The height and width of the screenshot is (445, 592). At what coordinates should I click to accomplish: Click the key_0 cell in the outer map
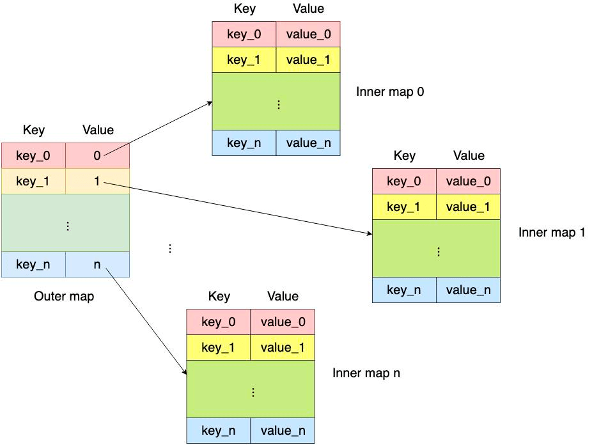[33, 155]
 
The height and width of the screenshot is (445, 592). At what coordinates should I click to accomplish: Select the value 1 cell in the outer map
[97, 182]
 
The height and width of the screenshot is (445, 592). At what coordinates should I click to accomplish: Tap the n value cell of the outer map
[97, 264]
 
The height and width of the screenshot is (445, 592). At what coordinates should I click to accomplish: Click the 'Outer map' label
[64, 297]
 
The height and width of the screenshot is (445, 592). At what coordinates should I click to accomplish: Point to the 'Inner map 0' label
[390, 91]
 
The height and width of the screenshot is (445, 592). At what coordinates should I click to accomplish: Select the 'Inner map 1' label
[552, 232]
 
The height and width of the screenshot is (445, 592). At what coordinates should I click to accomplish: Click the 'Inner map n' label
[366, 373]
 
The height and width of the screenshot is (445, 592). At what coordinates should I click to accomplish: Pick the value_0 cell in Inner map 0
[308, 34]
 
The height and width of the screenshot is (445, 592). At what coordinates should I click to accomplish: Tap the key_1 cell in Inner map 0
[244, 60]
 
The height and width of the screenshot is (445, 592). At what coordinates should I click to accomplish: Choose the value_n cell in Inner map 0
[308, 143]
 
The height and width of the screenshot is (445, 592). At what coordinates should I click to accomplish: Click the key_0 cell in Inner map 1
[404, 181]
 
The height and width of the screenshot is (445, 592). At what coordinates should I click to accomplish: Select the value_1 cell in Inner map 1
[468, 207]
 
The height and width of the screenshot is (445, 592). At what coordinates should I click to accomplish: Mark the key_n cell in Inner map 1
[404, 290]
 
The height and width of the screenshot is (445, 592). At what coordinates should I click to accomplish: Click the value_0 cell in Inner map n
[283, 322]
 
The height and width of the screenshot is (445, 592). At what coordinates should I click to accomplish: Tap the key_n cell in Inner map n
[218, 430]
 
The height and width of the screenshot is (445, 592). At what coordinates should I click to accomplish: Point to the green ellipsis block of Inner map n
[251, 392]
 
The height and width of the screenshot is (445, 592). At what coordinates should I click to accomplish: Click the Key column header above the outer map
[34, 130]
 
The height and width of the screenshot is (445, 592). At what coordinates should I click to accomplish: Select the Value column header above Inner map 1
[469, 155]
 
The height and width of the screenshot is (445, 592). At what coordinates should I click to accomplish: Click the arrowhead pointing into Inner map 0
[210, 102]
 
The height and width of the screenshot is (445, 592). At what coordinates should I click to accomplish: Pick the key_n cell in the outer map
[33, 264]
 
